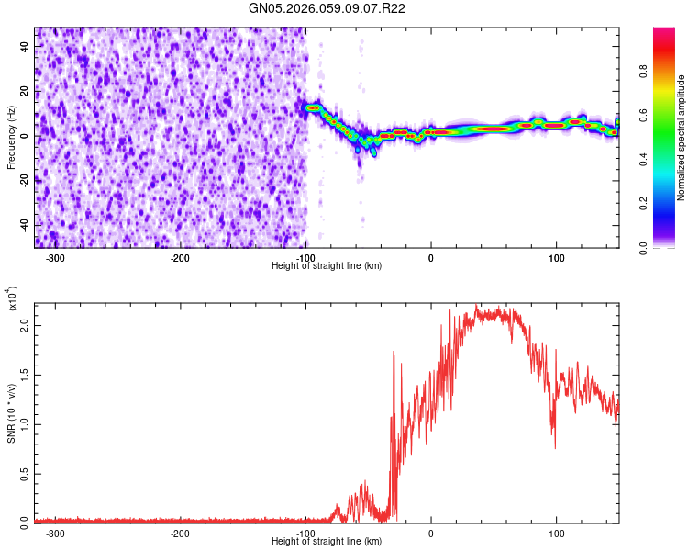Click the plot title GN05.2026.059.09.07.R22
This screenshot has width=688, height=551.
coord(327,8)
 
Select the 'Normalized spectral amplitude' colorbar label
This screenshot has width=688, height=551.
coord(681,138)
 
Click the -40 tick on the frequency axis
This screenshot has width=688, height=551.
coord(23,224)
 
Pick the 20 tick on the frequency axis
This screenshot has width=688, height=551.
coord(25,91)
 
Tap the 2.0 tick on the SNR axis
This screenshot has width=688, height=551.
coord(25,326)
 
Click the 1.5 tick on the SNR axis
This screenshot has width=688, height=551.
coord(25,375)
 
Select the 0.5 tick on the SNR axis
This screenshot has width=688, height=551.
coord(25,472)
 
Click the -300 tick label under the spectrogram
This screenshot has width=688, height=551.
coord(55,258)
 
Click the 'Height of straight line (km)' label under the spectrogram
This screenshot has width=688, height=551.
coord(327,265)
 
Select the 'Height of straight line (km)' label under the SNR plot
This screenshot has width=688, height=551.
coord(327,541)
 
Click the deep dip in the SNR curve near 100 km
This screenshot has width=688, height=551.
coord(554,447)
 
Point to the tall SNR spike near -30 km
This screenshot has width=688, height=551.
coord(394,352)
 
